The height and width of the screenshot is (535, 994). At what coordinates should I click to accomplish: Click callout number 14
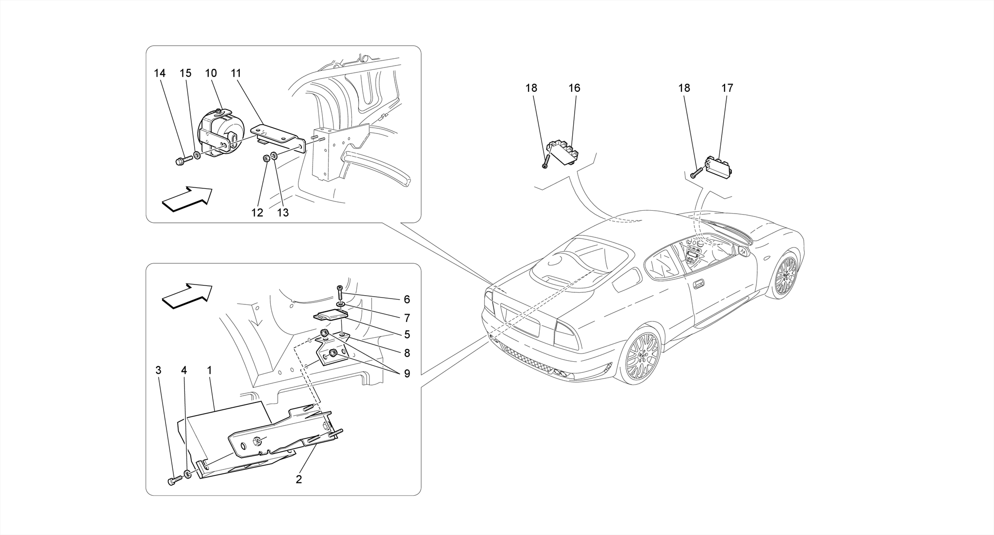[x=160, y=73]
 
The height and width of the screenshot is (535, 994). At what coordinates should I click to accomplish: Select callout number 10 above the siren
[x=211, y=73]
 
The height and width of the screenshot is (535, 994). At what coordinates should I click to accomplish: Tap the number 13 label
[x=282, y=213]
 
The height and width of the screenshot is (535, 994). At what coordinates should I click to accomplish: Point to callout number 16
[x=574, y=88]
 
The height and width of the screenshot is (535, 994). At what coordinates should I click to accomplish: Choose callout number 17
[x=727, y=88]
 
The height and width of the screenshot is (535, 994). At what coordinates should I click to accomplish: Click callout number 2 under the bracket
[x=299, y=479]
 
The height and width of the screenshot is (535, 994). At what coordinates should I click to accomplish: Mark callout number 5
[x=407, y=334]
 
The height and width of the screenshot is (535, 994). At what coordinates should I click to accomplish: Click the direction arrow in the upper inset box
[x=187, y=199]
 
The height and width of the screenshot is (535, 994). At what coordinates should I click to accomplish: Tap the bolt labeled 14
[x=179, y=160]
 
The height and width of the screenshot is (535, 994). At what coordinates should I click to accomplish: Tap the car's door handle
[x=699, y=284]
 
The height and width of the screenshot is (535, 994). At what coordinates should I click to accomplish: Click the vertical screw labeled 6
[x=340, y=293]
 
